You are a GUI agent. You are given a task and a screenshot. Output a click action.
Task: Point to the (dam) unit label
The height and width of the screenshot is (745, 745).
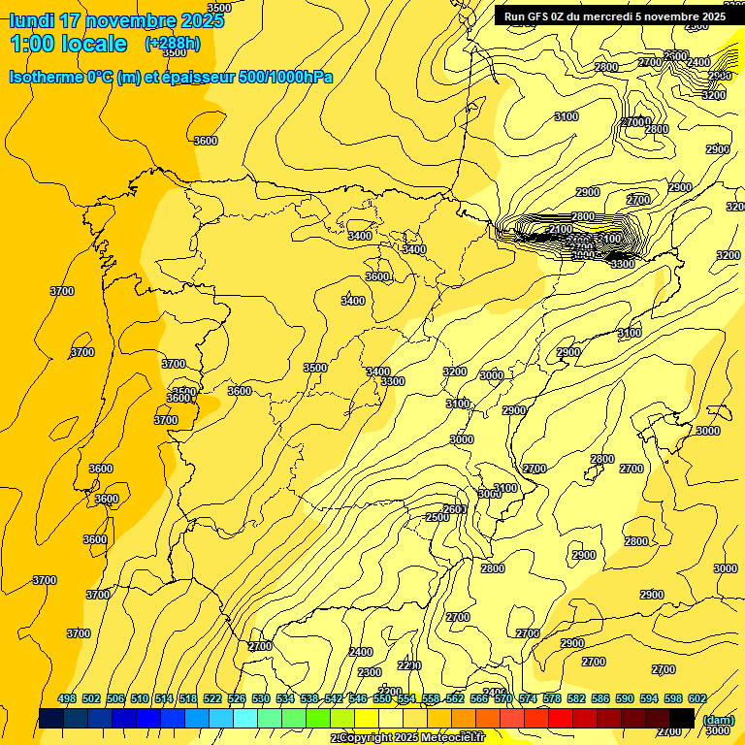pyautogui.click(x=718, y=719)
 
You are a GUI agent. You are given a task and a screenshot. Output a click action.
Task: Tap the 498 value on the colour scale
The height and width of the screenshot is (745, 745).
pyautogui.click(x=67, y=698)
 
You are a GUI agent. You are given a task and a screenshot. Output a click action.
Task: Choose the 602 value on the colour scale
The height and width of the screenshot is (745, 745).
pyautogui.click(x=697, y=698)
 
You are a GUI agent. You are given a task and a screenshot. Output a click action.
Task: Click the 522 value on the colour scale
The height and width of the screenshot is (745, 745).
pyautogui.click(x=212, y=698)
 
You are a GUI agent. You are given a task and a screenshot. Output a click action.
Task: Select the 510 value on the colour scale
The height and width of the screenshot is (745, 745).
pyautogui.click(x=140, y=698)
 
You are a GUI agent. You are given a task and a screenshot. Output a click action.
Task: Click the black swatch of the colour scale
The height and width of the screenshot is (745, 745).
pyautogui.click(x=682, y=718)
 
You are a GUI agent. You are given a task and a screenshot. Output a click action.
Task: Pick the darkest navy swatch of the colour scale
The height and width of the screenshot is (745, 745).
pyautogui.click(x=51, y=718)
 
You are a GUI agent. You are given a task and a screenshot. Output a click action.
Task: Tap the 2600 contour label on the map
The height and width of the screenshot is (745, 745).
pyautogui.click(x=454, y=509)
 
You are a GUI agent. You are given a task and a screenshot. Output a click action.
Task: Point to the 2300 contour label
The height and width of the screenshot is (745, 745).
pyautogui.click(x=370, y=672)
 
